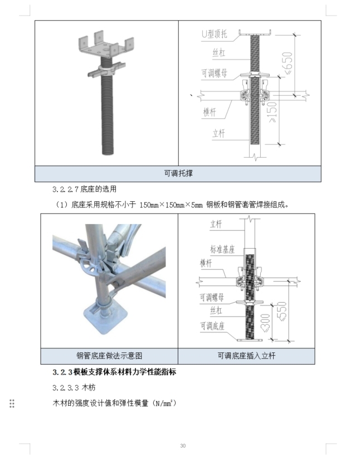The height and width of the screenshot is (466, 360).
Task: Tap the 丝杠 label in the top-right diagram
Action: click(x=218, y=53)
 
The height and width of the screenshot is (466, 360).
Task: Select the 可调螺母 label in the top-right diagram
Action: click(x=214, y=73)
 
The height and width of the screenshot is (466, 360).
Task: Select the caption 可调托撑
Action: click(x=178, y=173)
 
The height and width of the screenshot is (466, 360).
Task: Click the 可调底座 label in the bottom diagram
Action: click(x=213, y=326)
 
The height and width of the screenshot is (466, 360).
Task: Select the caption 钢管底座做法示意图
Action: click(x=109, y=356)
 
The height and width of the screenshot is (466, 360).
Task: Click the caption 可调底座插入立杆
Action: click(x=246, y=356)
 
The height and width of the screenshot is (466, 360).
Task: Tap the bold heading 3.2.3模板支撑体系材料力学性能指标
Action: click(x=114, y=372)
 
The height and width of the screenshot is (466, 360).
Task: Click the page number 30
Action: click(x=183, y=445)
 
